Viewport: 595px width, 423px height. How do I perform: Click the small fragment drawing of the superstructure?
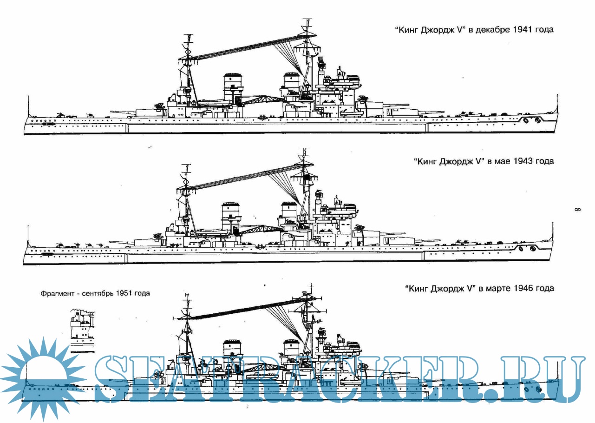click(x=81, y=330)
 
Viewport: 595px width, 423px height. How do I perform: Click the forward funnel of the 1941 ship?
click(x=291, y=84)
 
